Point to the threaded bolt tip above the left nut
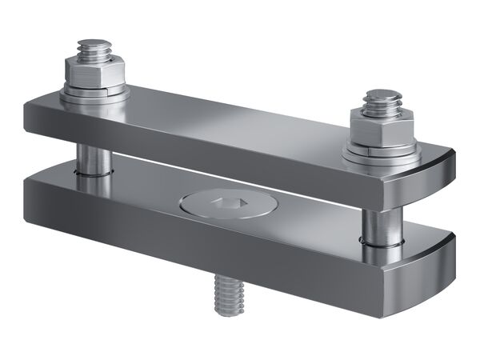(x=94, y=48)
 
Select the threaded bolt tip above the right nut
(x=383, y=100)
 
